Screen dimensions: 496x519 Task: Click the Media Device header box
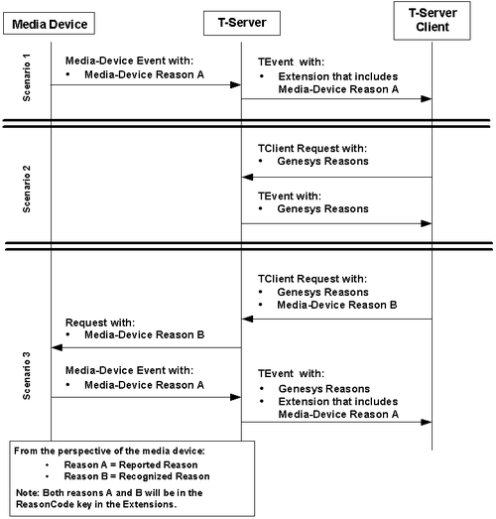pos(49,24)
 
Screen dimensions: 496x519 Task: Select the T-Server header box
pos(242,23)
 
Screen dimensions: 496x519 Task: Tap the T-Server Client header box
pos(433,21)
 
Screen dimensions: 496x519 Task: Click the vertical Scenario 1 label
pos(27,77)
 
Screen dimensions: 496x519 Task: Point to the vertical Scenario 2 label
pos(27,189)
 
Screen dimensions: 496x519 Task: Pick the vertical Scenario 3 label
pos(27,376)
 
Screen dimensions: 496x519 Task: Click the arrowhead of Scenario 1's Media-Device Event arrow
pos(235,85)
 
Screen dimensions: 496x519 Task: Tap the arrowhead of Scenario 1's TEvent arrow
pos(427,98)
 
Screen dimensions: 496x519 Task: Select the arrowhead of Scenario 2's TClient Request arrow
pos(247,177)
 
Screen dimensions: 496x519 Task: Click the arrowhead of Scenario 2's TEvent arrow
pos(427,223)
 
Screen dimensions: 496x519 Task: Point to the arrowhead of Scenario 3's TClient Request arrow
pos(247,320)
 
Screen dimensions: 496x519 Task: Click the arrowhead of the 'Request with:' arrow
pos(58,347)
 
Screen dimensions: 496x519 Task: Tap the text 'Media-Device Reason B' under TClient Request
pos(337,305)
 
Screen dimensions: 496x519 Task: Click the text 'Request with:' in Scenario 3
pos(100,323)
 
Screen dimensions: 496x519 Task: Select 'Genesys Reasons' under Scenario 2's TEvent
pos(322,208)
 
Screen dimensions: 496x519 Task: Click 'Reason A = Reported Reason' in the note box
pos(131,465)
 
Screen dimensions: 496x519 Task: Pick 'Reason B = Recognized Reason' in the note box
pos(137,476)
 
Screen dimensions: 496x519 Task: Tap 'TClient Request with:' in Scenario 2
pos(312,148)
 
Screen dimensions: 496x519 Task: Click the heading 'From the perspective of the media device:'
pos(109,452)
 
